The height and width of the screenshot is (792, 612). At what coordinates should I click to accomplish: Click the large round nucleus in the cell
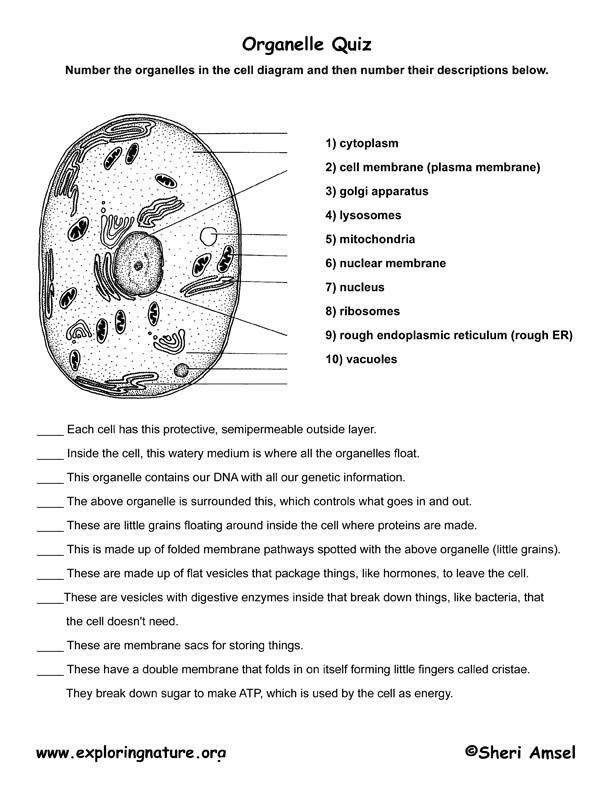(139, 265)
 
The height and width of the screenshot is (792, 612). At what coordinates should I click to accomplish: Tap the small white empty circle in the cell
(209, 237)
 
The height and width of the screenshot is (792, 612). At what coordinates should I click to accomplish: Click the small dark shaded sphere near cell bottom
(182, 372)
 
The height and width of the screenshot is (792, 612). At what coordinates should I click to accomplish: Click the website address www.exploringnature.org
(131, 750)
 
